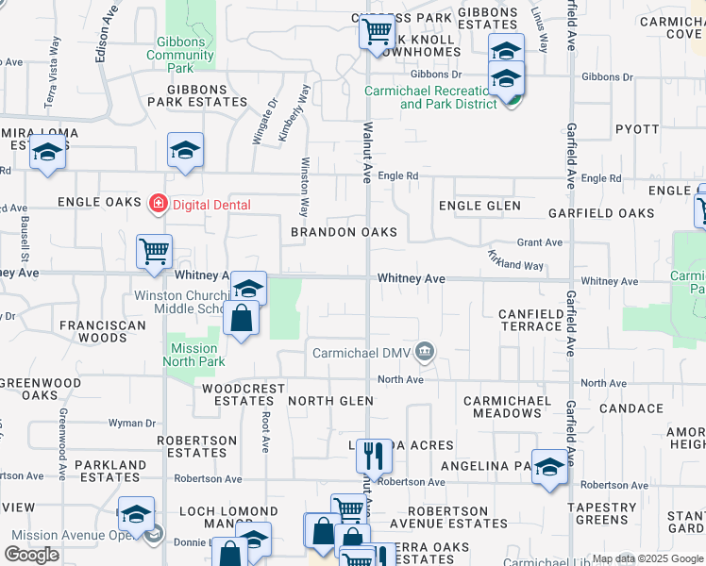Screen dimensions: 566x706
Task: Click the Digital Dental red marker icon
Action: click(159, 203)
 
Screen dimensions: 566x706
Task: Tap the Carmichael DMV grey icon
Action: click(425, 353)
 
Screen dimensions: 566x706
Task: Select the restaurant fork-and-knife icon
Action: click(374, 457)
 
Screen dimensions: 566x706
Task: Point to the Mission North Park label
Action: click(193, 355)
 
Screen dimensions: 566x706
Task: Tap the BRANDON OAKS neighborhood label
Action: click(344, 232)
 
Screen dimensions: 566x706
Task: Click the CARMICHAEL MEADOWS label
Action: click(508, 408)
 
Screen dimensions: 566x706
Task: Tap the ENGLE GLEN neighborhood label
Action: click(479, 206)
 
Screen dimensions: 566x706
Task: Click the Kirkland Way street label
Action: click(515, 262)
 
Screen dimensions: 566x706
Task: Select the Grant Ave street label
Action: click(540, 242)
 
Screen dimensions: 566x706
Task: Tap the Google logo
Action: click(31, 555)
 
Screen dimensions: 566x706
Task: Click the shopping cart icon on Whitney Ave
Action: click(154, 252)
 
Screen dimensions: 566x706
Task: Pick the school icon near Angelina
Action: click(549, 467)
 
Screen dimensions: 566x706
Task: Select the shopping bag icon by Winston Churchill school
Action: click(242, 319)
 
